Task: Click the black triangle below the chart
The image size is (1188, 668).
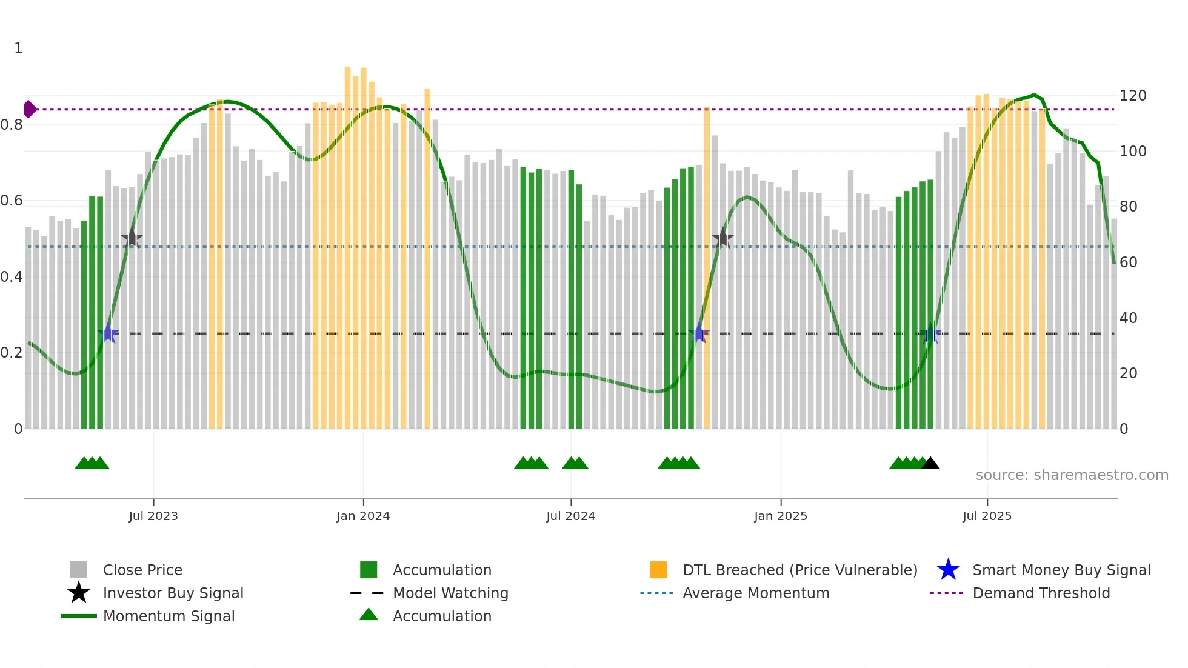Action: pos(930,464)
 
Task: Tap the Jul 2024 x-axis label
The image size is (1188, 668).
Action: pos(570,516)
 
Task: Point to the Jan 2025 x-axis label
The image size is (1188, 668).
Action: pos(780,516)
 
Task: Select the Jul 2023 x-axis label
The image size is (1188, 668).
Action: pos(153,516)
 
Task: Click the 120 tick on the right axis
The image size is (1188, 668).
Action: pos(1132,96)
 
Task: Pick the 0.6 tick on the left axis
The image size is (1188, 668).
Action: pos(12,201)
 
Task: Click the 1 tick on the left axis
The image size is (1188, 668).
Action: pos(18,48)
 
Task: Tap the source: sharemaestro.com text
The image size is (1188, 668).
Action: pos(1072,475)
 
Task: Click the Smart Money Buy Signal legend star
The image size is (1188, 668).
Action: pos(948,570)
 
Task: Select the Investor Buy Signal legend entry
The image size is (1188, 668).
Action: pos(173,593)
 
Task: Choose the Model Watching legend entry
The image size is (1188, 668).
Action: pos(450,593)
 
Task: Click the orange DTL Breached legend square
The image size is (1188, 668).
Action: pos(658,570)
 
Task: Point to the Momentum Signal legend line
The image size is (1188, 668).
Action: pos(79,616)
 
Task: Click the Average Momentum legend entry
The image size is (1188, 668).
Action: pos(755,593)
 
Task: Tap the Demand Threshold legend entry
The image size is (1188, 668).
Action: pos(1041,593)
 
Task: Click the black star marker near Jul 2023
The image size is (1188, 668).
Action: pos(132,239)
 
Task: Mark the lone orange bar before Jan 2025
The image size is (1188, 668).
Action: pos(707,267)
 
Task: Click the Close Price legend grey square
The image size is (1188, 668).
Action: pos(79,570)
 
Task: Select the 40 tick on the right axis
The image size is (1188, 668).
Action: pos(1128,318)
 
